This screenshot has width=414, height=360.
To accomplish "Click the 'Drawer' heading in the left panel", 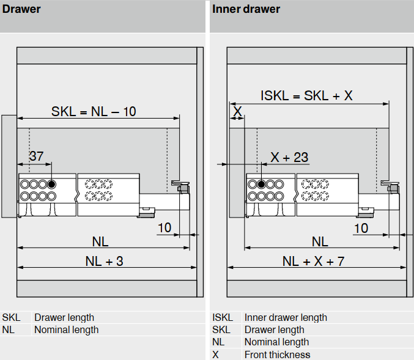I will [21, 9].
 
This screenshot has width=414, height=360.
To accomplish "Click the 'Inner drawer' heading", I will [246, 9].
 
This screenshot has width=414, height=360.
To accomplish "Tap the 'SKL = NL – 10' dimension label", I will [94, 111].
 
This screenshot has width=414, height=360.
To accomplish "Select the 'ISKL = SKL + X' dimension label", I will [306, 95].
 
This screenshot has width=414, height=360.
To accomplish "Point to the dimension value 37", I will [37, 156].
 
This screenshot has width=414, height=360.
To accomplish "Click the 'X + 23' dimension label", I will [290, 157].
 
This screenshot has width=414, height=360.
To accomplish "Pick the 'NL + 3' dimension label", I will [104, 261].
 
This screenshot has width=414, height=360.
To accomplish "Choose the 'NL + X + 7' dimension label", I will [313, 261].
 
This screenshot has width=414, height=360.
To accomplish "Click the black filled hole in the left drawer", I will [52, 184].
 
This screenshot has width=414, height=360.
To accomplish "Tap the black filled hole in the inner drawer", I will [261, 184].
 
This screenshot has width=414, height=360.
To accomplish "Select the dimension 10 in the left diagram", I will [164, 228].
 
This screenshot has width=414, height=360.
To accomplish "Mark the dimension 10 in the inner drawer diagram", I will [361, 228].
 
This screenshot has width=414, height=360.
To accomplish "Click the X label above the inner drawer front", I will [237, 111].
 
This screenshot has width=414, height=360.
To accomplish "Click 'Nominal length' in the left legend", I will [66, 330].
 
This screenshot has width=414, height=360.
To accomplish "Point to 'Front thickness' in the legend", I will [277, 354].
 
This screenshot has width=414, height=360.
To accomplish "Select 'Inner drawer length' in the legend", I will [286, 318].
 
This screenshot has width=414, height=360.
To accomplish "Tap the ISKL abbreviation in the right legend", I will [223, 318].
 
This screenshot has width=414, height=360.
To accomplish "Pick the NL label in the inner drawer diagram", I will [320, 241].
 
